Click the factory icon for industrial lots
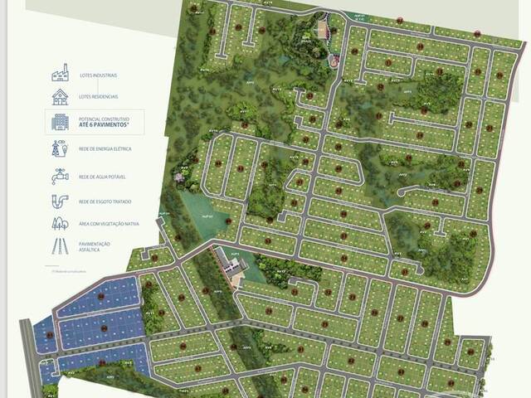(60, 73)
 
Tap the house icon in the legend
(60, 97)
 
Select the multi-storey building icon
(60, 123)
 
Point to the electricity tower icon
(60, 149)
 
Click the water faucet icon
(60, 176)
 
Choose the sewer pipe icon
(60, 201)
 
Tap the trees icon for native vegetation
(60, 224)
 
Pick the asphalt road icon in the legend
(60, 245)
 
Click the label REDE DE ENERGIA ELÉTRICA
(105, 149)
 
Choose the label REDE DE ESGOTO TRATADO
(105, 201)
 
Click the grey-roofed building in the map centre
(231, 265)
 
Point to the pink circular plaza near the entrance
(334, 60)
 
